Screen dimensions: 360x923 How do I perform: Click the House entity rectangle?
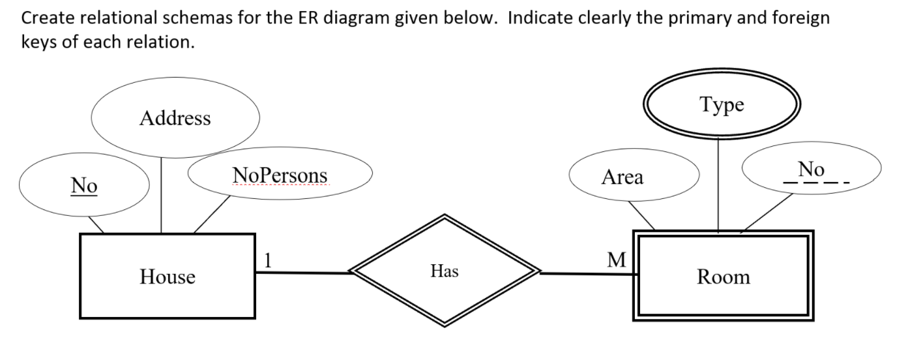pos(167,276)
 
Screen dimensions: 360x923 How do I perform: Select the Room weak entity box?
pos(723,276)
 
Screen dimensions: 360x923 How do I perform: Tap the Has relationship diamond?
pos(445,271)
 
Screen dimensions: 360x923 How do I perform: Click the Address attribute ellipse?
pos(175,118)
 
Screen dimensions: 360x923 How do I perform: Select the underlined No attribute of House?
pos(84,186)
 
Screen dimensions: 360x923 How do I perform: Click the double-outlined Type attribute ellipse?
pos(722,104)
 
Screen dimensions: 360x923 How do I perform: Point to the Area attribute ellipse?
pos(622,177)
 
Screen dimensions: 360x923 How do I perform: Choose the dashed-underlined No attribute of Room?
pos(811,170)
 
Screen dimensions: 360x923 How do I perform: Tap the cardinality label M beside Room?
pos(615,260)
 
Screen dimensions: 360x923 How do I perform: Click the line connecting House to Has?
pos(303,273)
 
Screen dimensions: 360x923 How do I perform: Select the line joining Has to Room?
pos(587,274)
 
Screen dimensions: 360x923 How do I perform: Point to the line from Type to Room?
pos(718,186)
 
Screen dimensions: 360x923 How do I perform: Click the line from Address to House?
pos(161,196)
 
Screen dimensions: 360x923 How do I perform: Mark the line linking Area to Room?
pos(641,215)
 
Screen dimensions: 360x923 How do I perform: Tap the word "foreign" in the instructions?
pos(800,18)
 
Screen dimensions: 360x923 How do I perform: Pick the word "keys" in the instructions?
pos(40,42)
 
